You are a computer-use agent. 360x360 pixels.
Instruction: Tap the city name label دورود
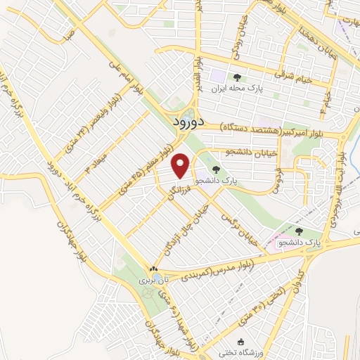[x=188, y=122]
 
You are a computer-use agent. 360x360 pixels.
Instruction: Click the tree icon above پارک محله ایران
[x=237, y=77]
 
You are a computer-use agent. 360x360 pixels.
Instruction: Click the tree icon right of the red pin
[x=216, y=169]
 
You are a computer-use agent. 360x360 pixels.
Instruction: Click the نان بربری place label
[x=149, y=279]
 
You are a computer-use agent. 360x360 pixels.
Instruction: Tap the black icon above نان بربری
[x=153, y=269]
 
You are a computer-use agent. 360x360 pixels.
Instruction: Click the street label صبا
[x=67, y=34]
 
